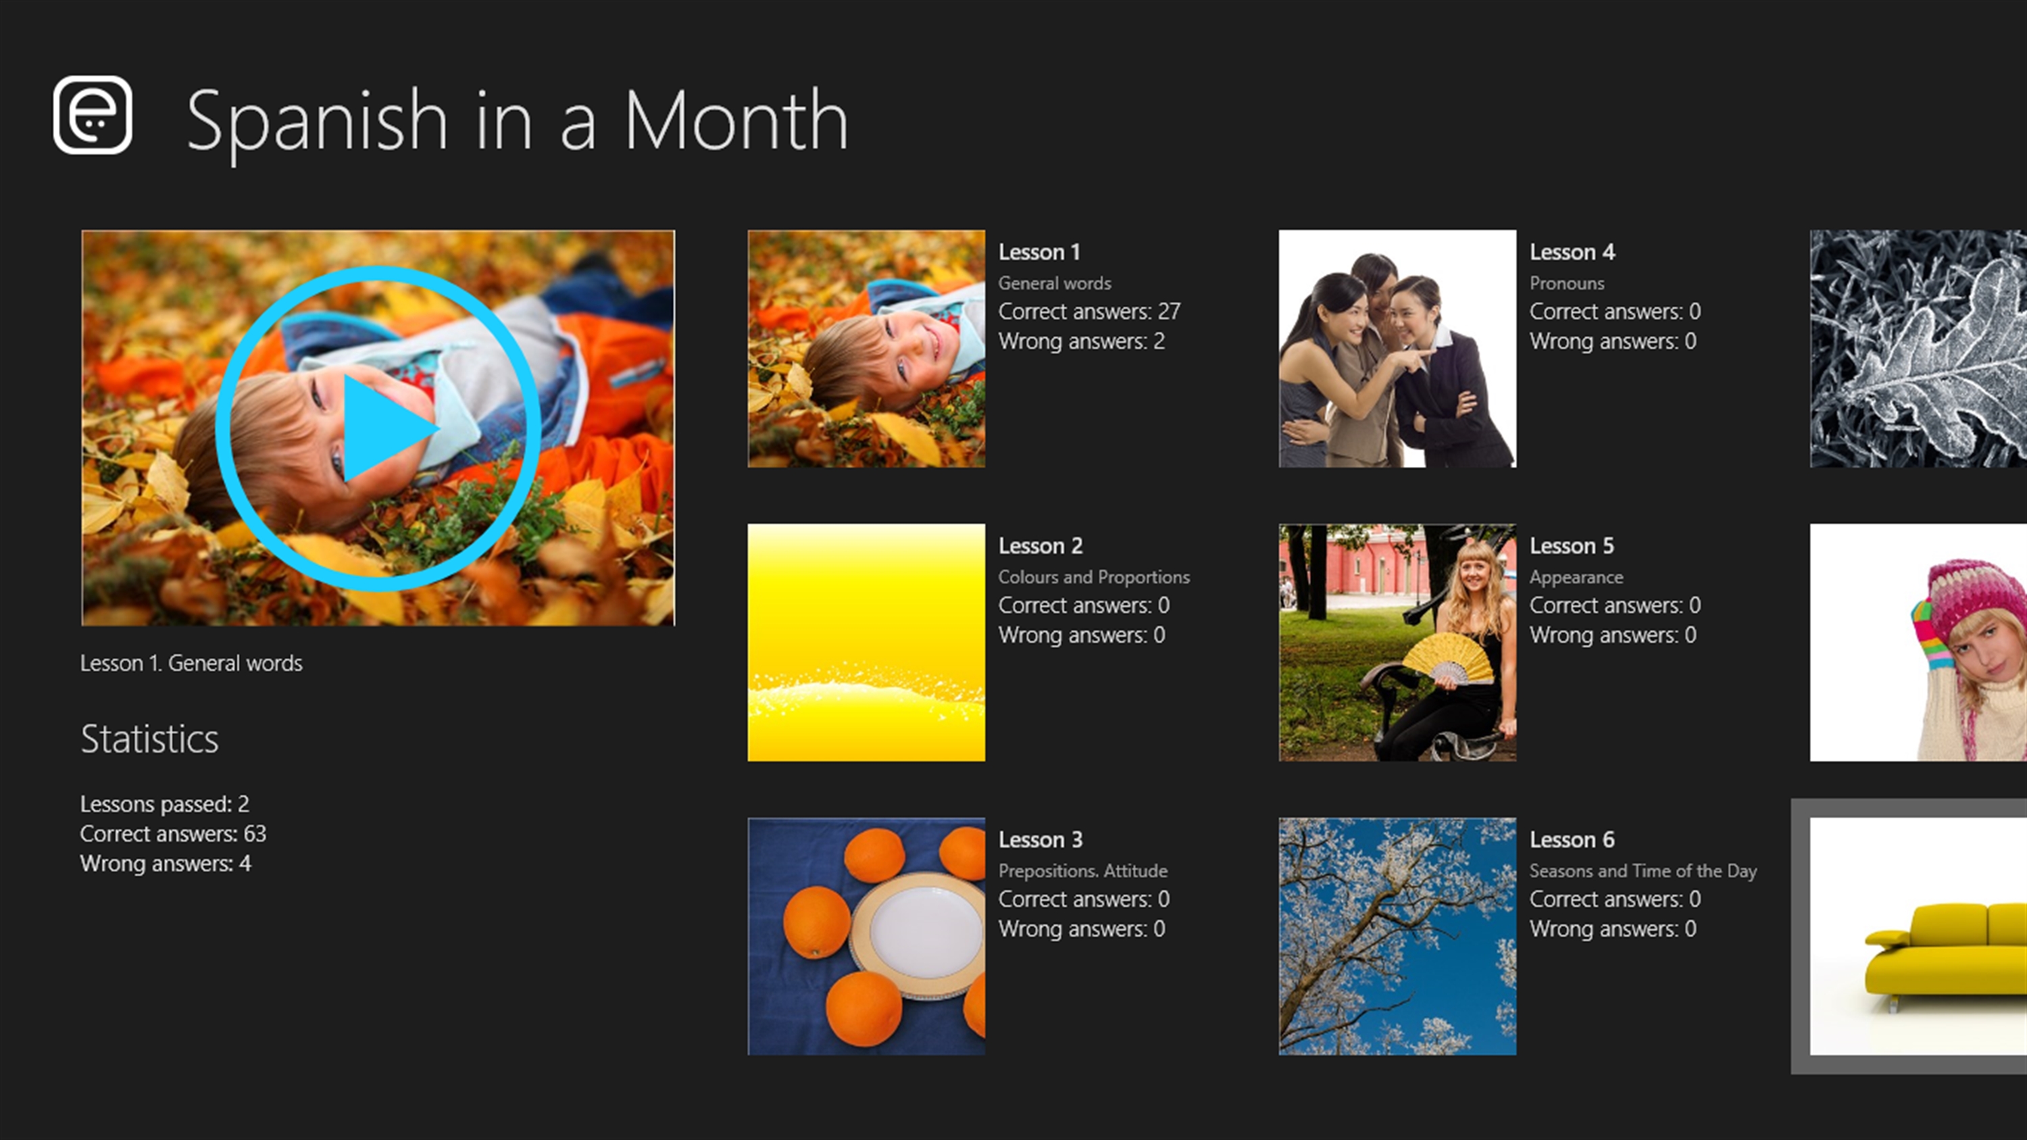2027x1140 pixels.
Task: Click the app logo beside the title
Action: pos(92,115)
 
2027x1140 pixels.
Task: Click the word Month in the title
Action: pos(736,120)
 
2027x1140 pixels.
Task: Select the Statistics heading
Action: pos(149,739)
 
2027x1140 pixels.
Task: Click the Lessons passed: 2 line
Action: pos(164,804)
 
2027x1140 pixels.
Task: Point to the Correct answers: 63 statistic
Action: pos(173,834)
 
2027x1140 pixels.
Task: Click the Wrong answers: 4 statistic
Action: pos(166,864)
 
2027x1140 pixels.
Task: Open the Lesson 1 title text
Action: pos(1039,252)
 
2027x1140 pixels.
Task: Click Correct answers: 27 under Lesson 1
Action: pos(1089,312)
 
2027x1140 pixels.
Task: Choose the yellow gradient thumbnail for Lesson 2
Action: pos(866,643)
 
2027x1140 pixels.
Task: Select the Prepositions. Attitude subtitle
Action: pos(1082,871)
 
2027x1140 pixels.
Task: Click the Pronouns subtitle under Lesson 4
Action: pos(1567,283)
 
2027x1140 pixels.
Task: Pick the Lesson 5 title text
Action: pos(1572,546)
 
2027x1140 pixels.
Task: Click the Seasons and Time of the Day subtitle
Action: pos(1643,871)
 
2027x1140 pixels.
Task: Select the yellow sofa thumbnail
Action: pos(1918,936)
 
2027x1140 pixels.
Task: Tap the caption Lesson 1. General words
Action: pos(191,663)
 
